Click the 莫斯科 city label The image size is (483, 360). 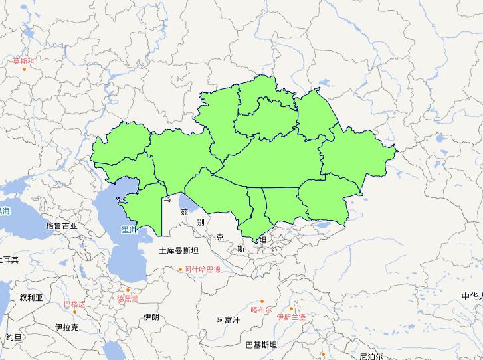point(23,61)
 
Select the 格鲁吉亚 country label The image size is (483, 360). point(62,226)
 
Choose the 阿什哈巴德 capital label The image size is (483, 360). point(203,270)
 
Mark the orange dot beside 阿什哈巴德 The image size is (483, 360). point(181,269)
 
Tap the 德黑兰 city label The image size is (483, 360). point(128,298)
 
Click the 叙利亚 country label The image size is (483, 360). point(31,298)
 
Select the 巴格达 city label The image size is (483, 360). point(74,304)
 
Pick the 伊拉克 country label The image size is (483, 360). point(66,327)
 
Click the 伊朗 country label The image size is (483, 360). point(151,317)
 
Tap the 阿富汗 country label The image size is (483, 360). point(228,320)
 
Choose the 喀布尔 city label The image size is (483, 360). point(261,310)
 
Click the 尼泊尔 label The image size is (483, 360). point(372,356)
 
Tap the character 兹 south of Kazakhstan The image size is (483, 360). point(184,212)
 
